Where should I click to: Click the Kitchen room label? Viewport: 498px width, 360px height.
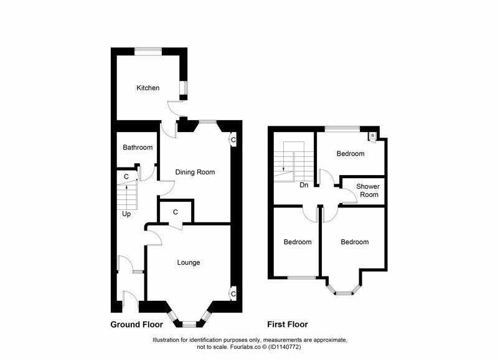pyautogui.click(x=148, y=88)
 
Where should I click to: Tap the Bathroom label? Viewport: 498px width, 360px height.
pyautogui.click(x=138, y=148)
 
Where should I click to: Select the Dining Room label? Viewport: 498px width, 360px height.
pyautogui.click(x=195, y=172)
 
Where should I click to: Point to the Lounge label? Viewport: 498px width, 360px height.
pyautogui.click(x=188, y=262)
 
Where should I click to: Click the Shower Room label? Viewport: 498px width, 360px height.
pyautogui.click(x=367, y=191)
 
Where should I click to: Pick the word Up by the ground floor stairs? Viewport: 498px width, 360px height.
pyautogui.click(x=126, y=214)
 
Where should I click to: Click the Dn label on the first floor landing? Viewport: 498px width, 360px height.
pyautogui.click(x=304, y=184)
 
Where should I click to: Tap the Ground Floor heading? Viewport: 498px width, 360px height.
pyautogui.click(x=136, y=324)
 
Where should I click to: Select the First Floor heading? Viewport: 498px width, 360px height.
pyautogui.click(x=288, y=324)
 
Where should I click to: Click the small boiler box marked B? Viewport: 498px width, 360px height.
pyautogui.click(x=373, y=135)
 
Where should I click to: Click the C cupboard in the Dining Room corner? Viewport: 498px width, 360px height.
pyautogui.click(x=233, y=140)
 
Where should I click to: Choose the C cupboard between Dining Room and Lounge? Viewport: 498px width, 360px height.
pyautogui.click(x=176, y=212)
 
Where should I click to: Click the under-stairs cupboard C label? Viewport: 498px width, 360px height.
pyautogui.click(x=126, y=177)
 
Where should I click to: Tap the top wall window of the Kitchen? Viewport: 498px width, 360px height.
pyautogui.click(x=149, y=49)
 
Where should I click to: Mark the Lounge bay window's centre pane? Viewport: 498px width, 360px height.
pyautogui.click(x=189, y=323)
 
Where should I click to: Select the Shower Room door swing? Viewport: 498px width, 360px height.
pyautogui.click(x=349, y=197)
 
